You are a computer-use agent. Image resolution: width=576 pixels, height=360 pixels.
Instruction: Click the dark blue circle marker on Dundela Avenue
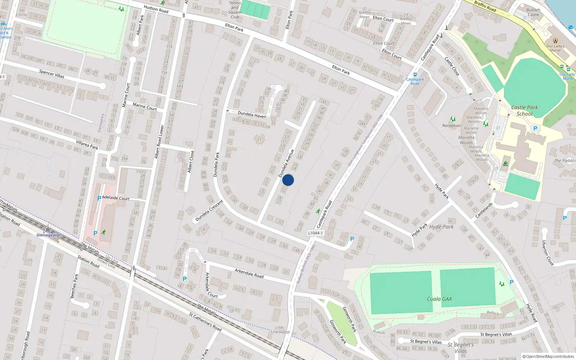click(x=288, y=180)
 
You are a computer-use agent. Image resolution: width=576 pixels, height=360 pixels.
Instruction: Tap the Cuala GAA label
click(x=439, y=299)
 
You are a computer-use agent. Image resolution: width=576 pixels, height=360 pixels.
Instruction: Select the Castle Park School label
click(x=525, y=111)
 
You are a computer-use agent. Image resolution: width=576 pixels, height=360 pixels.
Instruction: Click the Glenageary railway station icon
click(x=48, y=229)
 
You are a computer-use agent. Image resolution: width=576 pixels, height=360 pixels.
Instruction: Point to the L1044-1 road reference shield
click(x=315, y=233)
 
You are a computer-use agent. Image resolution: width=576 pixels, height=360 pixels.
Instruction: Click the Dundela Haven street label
click(x=252, y=114)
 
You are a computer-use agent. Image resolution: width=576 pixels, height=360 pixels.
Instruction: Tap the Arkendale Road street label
click(x=249, y=273)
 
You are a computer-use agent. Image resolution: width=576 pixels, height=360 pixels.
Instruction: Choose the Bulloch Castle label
click(x=533, y=13)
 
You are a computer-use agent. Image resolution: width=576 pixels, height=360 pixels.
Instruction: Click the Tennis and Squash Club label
click(x=235, y=10)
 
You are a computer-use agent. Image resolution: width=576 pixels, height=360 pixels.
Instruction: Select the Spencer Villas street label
click(x=52, y=74)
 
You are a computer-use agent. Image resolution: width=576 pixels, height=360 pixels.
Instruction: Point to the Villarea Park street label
click(x=87, y=145)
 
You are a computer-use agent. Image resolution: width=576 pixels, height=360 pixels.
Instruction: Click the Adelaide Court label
click(x=116, y=198)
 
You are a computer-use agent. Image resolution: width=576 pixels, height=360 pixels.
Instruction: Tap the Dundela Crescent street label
click(x=209, y=211)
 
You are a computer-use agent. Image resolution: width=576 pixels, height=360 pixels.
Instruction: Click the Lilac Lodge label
click(x=280, y=332)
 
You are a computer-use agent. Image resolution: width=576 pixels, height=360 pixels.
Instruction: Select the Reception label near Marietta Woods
click(x=451, y=126)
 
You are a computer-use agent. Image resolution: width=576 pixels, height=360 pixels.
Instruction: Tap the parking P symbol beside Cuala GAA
click(x=511, y=283)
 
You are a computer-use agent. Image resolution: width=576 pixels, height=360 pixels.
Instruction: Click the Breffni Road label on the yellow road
click(x=485, y=6)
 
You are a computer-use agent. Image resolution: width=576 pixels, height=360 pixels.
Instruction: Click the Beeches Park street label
click(x=74, y=286)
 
